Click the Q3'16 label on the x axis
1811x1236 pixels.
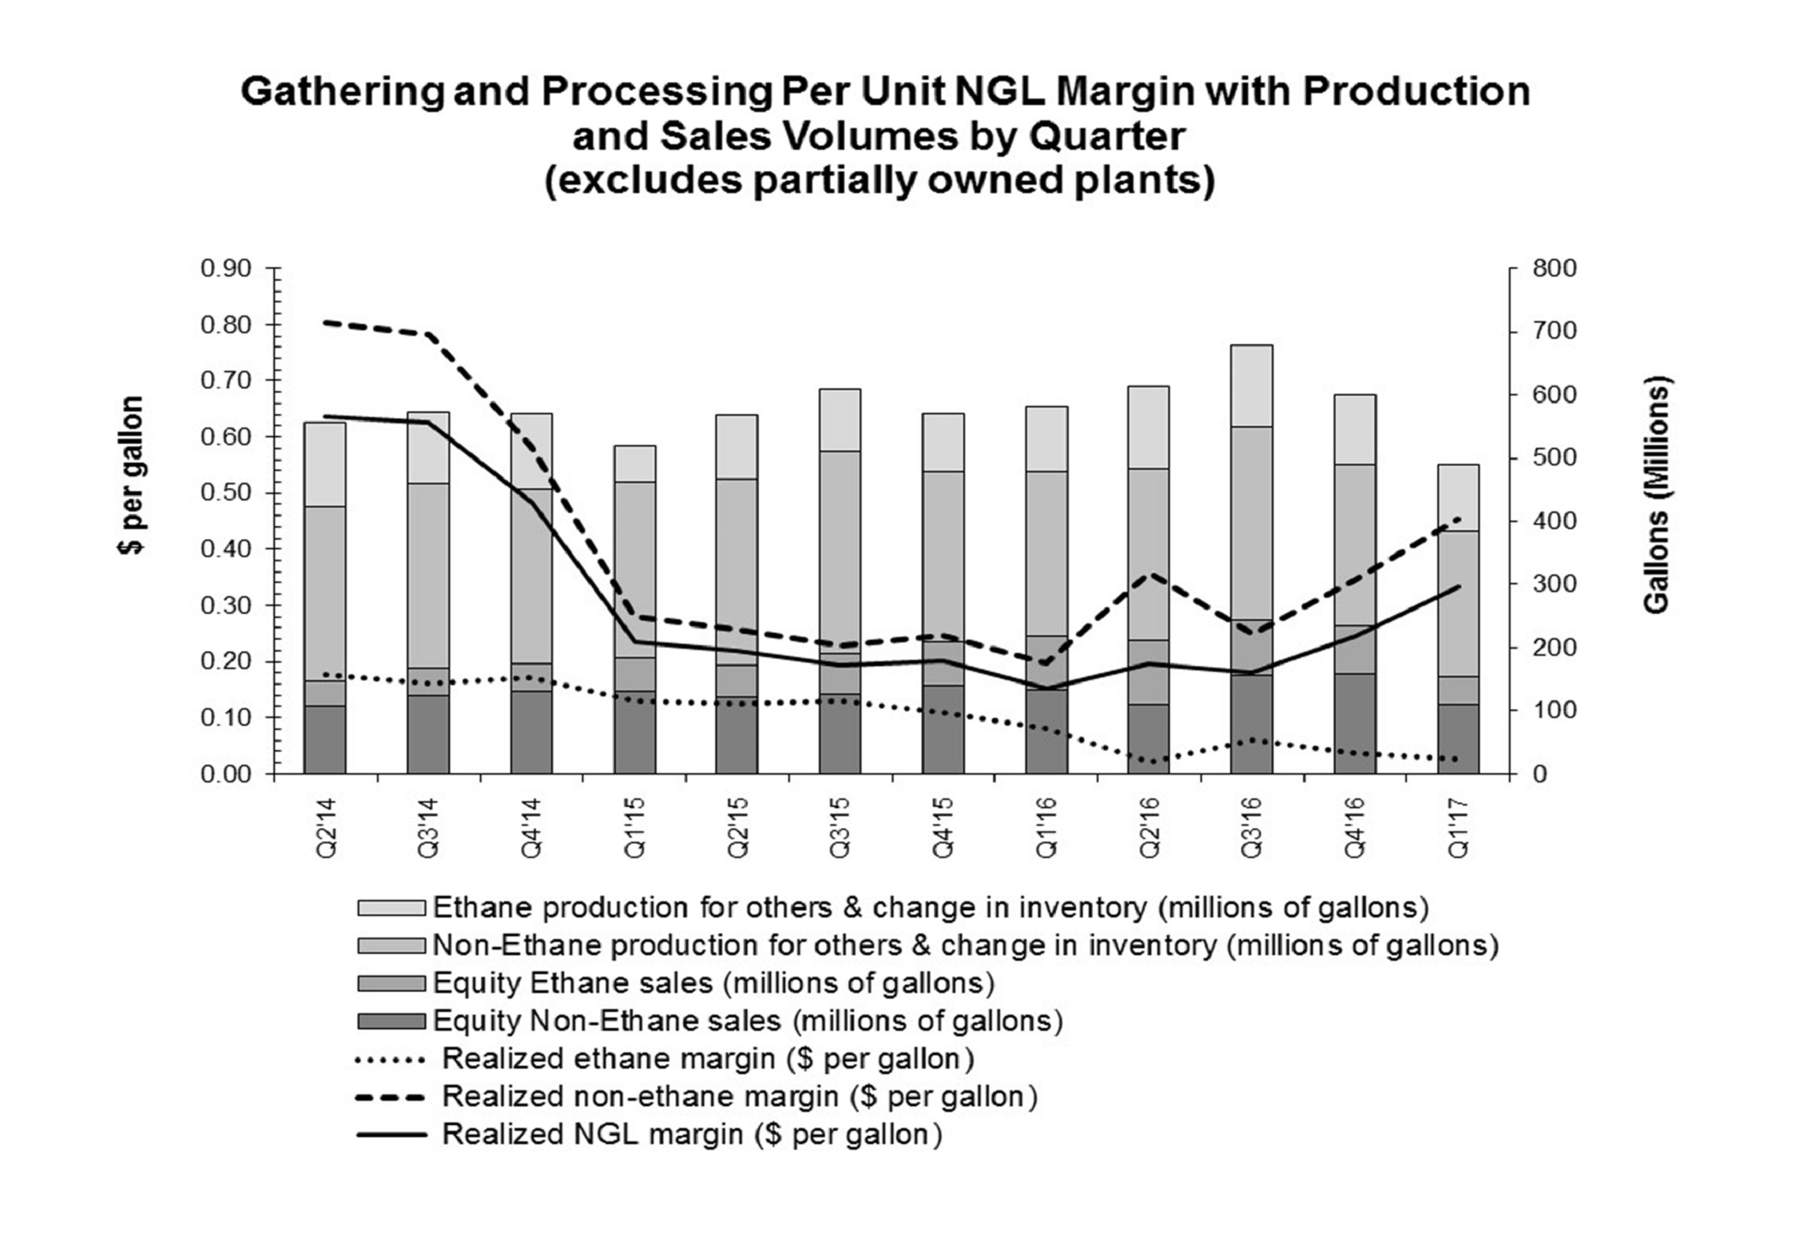(x=1250, y=827)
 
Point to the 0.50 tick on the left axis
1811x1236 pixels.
(x=225, y=493)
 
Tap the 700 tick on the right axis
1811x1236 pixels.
(x=1554, y=331)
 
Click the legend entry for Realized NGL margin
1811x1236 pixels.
(x=691, y=1134)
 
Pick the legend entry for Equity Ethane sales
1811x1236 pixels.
(x=713, y=983)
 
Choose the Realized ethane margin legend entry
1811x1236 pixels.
(x=708, y=1059)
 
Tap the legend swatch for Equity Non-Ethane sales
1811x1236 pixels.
(x=391, y=1021)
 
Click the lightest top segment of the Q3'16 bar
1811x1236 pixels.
(x=1251, y=385)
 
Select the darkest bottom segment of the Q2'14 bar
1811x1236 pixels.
(x=324, y=739)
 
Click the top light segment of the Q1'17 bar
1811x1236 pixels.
(x=1457, y=497)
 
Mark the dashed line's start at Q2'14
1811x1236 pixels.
(x=324, y=322)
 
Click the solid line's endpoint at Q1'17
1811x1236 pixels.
(x=1459, y=587)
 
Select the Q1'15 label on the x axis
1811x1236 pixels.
(x=635, y=827)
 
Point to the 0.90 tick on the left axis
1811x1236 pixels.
(x=225, y=268)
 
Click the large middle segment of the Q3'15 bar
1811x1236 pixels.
(x=839, y=551)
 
